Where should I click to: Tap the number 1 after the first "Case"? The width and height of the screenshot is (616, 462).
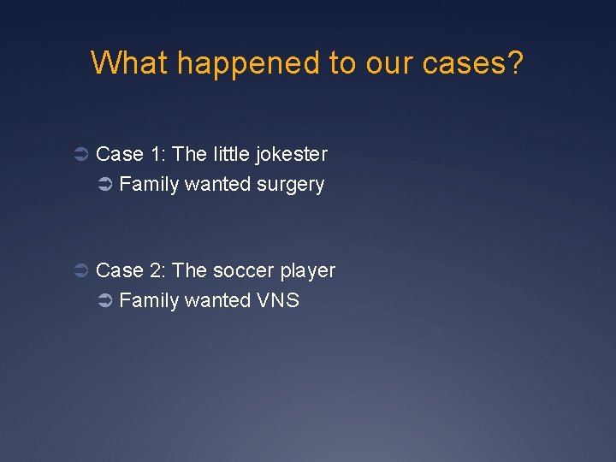pyautogui.click(x=156, y=154)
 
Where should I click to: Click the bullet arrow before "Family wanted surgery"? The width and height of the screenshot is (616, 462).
pyautogui.click(x=105, y=185)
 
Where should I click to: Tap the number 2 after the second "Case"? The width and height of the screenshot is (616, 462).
pyautogui.click(x=156, y=270)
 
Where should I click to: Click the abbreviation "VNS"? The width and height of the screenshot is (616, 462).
pyautogui.click(x=277, y=300)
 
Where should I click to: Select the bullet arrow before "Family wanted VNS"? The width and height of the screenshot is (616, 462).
pyautogui.click(x=105, y=301)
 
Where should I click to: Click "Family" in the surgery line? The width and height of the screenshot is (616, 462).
pyautogui.click(x=149, y=185)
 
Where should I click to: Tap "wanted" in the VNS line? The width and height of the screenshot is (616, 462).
pyautogui.click(x=217, y=300)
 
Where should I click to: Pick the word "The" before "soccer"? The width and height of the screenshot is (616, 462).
pyautogui.click(x=189, y=270)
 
